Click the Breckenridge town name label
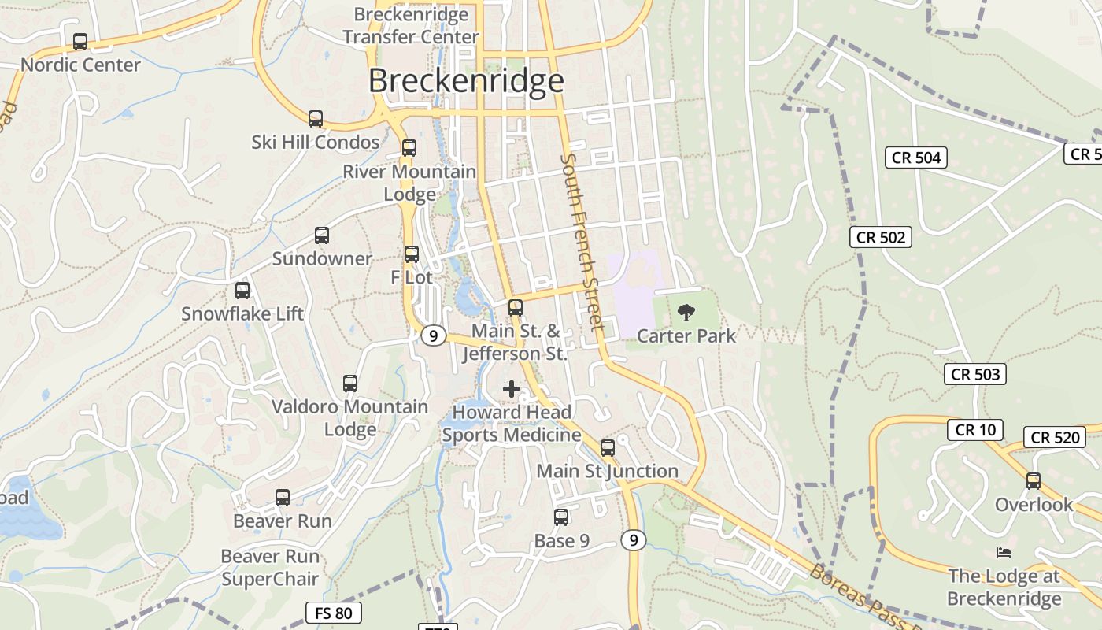tap(466, 81)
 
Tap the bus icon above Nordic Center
tap(80, 42)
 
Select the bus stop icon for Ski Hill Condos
tap(316, 119)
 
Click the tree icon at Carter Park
tap(686, 313)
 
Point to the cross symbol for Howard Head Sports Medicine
tap(512, 388)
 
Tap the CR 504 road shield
tap(917, 157)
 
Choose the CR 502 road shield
tap(881, 237)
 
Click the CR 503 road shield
tap(976, 374)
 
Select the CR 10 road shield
tap(975, 429)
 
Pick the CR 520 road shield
tap(1055, 437)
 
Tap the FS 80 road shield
tap(334, 613)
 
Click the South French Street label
tap(582, 241)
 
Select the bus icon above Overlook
tap(1034, 480)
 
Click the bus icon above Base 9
tap(561, 517)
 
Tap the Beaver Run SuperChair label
tap(270, 568)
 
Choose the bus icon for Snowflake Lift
tap(242, 291)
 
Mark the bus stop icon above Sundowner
tap(322, 235)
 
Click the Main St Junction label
tap(607, 471)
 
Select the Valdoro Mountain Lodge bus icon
tap(350, 384)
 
